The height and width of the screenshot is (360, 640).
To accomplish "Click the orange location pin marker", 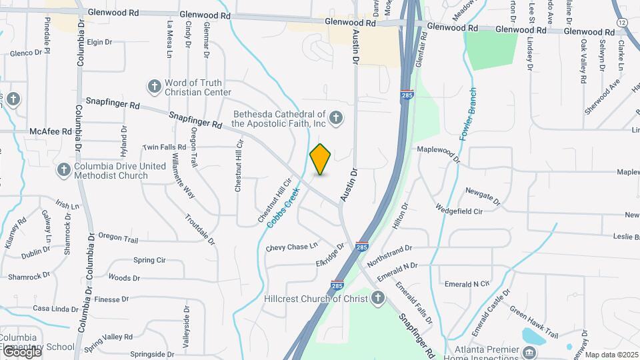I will (x=321, y=159).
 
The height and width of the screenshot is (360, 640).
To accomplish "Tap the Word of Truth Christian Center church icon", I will (x=155, y=86).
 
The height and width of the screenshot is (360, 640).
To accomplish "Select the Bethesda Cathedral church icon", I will (x=336, y=119).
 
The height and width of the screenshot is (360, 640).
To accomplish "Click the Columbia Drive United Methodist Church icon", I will (x=64, y=170).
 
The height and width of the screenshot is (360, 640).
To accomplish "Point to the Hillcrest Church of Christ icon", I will (x=378, y=299).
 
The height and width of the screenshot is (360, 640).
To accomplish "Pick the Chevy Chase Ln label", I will (x=292, y=247).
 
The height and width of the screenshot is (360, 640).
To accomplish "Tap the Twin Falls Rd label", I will (x=164, y=147).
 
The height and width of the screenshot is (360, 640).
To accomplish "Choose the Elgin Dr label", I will (x=99, y=42).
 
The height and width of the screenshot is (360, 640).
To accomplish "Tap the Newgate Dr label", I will (x=483, y=195).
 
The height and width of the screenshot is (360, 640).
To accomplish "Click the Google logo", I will (x=21, y=351).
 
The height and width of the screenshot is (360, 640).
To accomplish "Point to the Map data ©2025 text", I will (x=611, y=355).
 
